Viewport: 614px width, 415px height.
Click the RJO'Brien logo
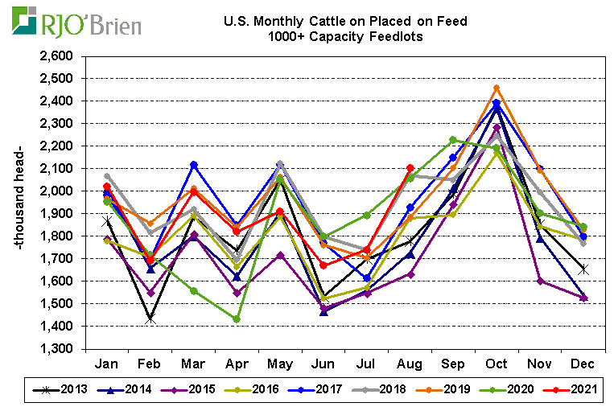coord(77,23)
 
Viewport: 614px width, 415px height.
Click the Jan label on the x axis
coord(107,364)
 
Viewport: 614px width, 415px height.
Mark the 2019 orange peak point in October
coord(497,88)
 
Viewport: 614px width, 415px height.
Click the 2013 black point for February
coord(150,319)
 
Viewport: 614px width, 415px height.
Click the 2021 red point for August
coord(410,168)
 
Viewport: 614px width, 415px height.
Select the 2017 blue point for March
coord(193,165)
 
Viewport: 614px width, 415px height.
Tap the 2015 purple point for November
coord(540,281)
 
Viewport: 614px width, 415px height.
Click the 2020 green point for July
coord(367,216)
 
